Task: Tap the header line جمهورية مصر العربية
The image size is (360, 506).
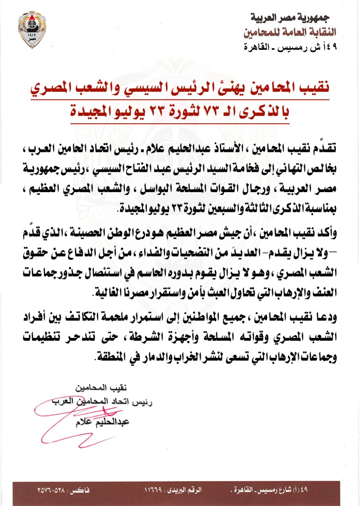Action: tap(291, 18)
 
